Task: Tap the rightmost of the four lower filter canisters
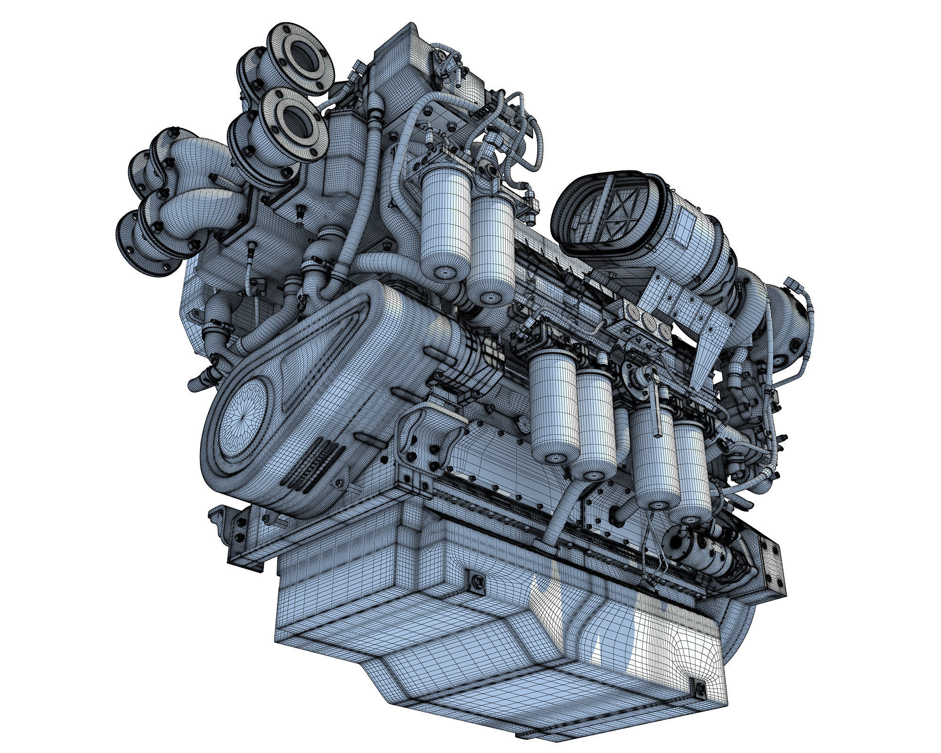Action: click(x=692, y=471)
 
